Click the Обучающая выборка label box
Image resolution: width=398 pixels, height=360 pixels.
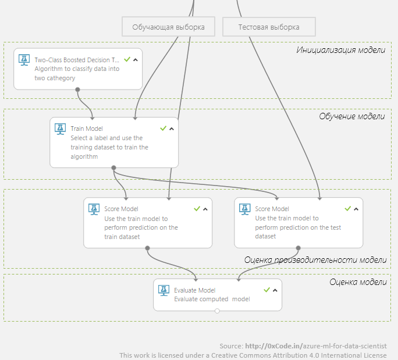click(x=168, y=27)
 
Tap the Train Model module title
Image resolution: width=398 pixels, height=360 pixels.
click(x=87, y=128)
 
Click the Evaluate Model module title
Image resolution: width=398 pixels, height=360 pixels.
click(x=194, y=290)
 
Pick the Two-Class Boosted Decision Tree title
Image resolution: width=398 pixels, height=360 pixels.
click(x=77, y=59)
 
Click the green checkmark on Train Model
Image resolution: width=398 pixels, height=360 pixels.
click(x=163, y=128)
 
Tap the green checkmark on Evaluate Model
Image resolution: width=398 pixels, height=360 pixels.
click(x=266, y=290)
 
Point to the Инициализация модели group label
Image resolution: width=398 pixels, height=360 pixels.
click(x=340, y=50)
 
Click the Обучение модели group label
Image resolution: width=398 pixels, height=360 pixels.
click(x=351, y=116)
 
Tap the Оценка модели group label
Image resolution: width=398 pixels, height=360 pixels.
click(x=357, y=282)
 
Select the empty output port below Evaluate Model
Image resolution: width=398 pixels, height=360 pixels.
click(x=217, y=311)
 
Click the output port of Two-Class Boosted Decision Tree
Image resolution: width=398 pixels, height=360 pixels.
click(x=77, y=90)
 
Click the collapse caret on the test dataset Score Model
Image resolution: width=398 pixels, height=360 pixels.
click(x=357, y=209)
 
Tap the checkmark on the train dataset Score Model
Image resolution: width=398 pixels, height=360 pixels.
click(x=197, y=208)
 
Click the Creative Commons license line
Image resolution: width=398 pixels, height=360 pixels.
click(x=253, y=355)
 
